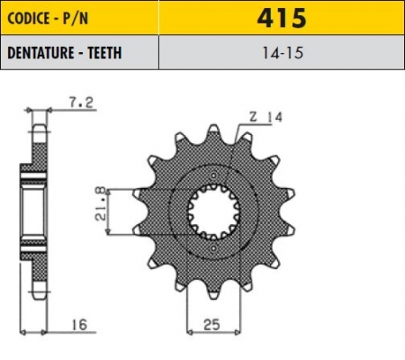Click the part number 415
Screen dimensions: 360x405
(282, 18)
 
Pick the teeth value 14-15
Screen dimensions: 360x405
(282, 53)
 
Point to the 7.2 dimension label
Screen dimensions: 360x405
(82, 103)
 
